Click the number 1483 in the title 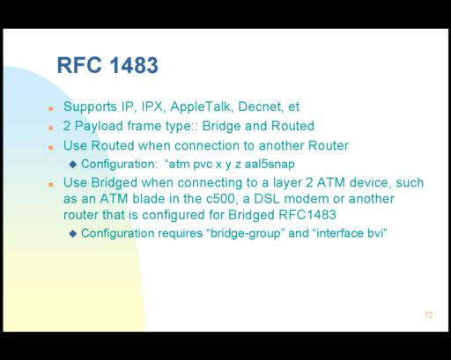134,65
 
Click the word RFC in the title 79,65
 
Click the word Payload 99,126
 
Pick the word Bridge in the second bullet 221,126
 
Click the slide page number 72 429,315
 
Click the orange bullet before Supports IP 51,108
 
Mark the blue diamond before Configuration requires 73,233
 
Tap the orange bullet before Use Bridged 51,185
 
